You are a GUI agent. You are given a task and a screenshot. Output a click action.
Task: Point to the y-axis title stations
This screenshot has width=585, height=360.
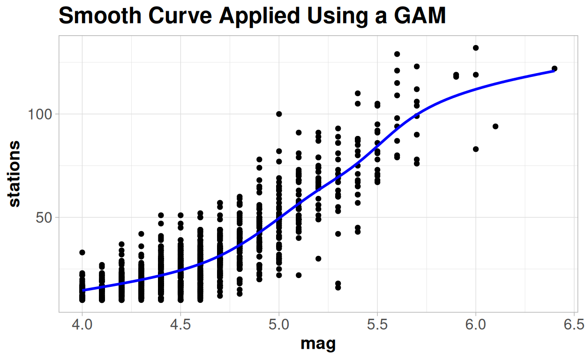click(x=15, y=173)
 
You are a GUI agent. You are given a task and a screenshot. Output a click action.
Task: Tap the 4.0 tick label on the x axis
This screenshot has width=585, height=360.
click(x=82, y=325)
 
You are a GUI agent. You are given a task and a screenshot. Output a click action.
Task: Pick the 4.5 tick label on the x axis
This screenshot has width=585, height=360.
click(x=180, y=325)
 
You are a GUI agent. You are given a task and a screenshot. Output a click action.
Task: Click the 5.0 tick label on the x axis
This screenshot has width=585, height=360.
click(x=279, y=325)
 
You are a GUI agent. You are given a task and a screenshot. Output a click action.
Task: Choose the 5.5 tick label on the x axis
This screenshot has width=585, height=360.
click(x=377, y=325)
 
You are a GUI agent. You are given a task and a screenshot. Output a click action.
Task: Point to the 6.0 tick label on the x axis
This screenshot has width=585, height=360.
click(x=476, y=325)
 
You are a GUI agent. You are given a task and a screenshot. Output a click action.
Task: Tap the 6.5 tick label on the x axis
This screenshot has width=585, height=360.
click(x=574, y=325)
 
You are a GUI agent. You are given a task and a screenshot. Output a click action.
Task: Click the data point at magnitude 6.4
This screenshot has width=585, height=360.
click(x=555, y=68)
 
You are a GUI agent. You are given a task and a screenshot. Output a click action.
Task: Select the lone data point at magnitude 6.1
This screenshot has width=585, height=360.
click(x=495, y=126)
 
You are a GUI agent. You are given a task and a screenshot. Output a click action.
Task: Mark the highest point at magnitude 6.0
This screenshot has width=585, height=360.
click(x=476, y=48)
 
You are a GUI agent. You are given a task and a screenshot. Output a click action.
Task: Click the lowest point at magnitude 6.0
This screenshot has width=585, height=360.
click(x=476, y=149)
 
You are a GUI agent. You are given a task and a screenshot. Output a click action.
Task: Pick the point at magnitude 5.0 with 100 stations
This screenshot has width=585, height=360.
click(x=279, y=114)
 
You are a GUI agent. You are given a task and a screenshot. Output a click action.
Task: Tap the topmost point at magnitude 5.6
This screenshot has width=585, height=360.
click(x=397, y=54)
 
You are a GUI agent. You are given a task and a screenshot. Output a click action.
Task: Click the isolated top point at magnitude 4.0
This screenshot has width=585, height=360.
click(x=82, y=253)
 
